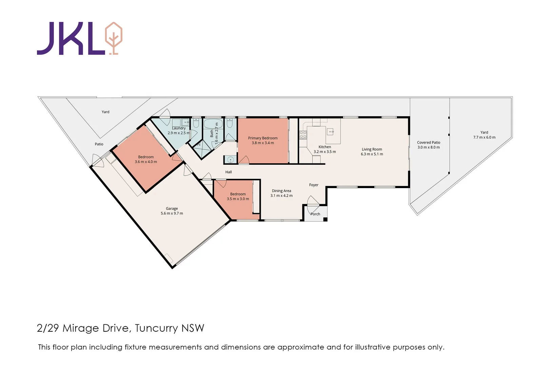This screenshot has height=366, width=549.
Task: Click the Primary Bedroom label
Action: tap(262, 138)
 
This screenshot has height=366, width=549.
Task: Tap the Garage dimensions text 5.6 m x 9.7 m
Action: tap(172, 213)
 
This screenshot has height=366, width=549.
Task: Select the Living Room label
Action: tap(372, 149)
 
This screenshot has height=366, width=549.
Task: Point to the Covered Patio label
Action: tap(428, 142)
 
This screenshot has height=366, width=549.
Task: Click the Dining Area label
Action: tap(281, 191)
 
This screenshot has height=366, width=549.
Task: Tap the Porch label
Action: tap(315, 214)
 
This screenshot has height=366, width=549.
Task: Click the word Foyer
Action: tap(314, 185)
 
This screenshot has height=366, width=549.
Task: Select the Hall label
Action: tap(229, 172)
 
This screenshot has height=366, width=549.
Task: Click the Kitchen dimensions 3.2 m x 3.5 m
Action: tap(325, 151)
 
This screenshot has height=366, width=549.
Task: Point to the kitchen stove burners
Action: tap(303, 135)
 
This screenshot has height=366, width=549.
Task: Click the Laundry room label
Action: tap(179, 128)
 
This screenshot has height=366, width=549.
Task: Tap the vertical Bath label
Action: tap(212, 133)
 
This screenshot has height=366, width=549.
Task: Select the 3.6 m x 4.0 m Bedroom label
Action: tap(146, 157)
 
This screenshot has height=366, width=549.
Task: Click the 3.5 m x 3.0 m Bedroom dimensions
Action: tap(238, 199)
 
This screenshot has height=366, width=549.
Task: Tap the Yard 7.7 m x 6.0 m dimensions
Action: tap(484, 137)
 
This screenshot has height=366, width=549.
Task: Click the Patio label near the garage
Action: tap(99, 144)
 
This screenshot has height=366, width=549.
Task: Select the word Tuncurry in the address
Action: tap(156, 328)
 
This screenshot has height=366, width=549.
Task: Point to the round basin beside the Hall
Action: tap(231, 159)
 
